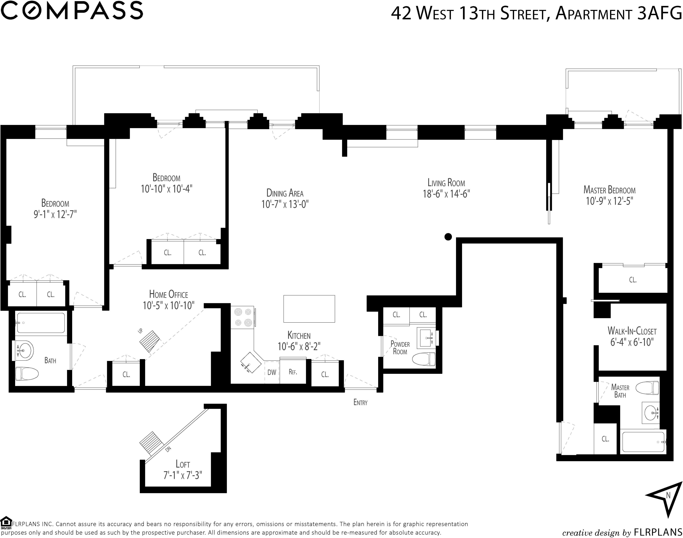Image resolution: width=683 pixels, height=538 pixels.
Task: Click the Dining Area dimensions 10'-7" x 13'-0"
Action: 285,204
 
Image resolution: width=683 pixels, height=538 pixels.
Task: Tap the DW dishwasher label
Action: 272,372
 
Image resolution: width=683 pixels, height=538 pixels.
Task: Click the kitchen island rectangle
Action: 309,309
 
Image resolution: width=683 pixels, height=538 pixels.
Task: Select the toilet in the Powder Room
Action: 424,359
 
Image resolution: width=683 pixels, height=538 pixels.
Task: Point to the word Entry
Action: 360,402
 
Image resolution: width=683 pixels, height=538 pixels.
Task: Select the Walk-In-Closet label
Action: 632,331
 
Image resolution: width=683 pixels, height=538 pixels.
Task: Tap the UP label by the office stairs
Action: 140,331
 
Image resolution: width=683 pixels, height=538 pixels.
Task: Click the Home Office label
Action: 168,294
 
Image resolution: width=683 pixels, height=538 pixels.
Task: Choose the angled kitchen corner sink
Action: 251,363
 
